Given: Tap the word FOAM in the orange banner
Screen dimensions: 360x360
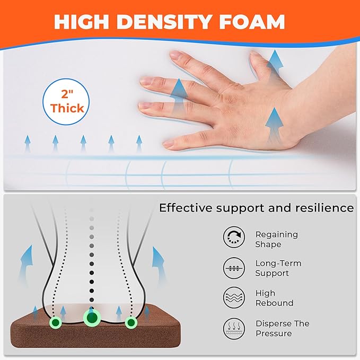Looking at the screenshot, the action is click(252, 22).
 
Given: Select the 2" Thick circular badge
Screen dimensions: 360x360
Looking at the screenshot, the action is click(66, 102).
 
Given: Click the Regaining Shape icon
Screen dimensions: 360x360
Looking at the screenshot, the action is click(234, 237).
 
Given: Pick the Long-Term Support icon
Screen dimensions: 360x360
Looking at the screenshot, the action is click(234, 268).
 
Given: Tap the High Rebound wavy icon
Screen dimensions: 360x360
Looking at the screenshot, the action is click(234, 297).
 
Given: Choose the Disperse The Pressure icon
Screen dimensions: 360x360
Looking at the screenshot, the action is click(234, 329).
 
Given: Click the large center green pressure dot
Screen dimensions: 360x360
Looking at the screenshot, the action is click(92, 318).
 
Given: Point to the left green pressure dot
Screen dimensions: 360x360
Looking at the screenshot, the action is click(56, 322).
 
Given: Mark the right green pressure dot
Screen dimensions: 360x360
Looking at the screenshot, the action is click(131, 322).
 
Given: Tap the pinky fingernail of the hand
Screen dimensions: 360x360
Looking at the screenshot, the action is click(169, 144).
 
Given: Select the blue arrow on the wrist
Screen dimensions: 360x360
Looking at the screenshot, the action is click(274, 126).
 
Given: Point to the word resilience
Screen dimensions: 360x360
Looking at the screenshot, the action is click(324, 208).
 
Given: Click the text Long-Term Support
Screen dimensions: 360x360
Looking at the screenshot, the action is click(278, 268).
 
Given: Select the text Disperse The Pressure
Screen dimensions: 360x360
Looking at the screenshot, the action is click(283, 329).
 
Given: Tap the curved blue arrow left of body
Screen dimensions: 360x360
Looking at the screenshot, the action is click(26, 264).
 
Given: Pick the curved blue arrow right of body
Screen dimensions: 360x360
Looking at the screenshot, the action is click(159, 264).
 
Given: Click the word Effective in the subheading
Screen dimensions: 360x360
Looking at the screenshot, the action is click(186, 208).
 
